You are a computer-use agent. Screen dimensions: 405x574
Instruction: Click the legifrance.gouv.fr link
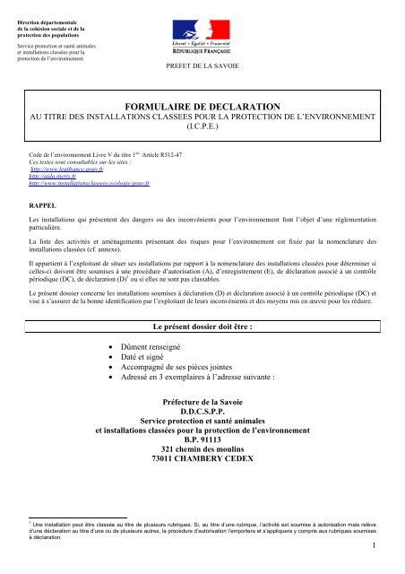(65, 169)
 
